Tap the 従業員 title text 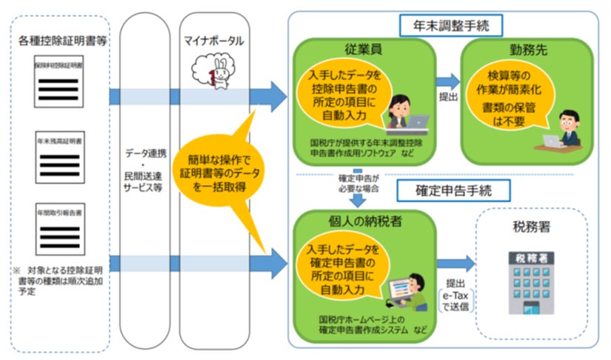(363, 50)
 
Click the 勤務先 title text (526, 50)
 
